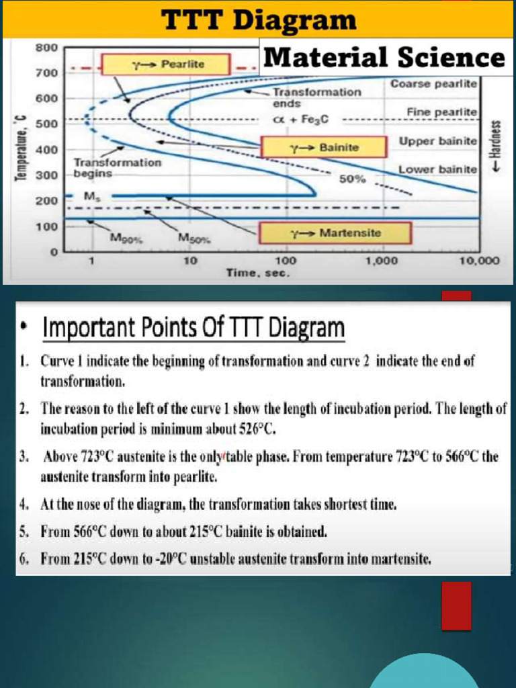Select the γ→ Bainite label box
(325, 146)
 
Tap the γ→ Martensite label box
(334, 233)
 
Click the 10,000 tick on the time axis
(479, 261)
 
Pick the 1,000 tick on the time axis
(382, 261)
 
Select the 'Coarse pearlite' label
(433, 84)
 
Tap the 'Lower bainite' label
(437, 169)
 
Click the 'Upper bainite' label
(437, 142)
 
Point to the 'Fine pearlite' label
(441, 111)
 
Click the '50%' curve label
(352, 179)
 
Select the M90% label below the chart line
(126, 237)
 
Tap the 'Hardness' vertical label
(497, 146)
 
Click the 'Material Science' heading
(383, 57)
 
